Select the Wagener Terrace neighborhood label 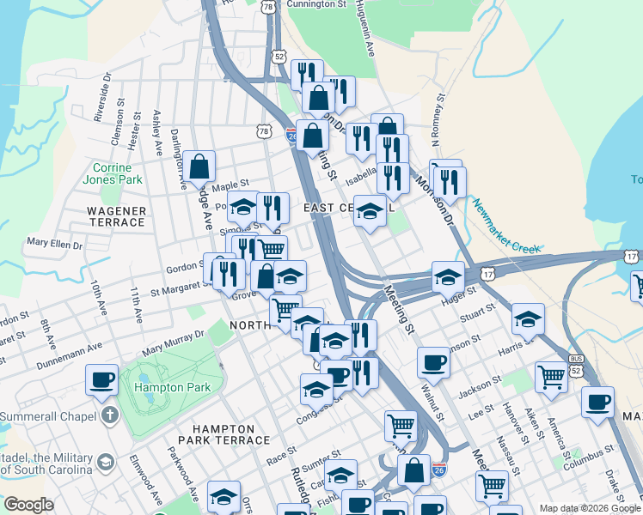[116, 216]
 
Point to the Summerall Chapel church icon [108, 416]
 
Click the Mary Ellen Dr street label [54, 245]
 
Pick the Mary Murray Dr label [175, 341]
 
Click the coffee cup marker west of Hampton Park [102, 379]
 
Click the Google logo [28, 505]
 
